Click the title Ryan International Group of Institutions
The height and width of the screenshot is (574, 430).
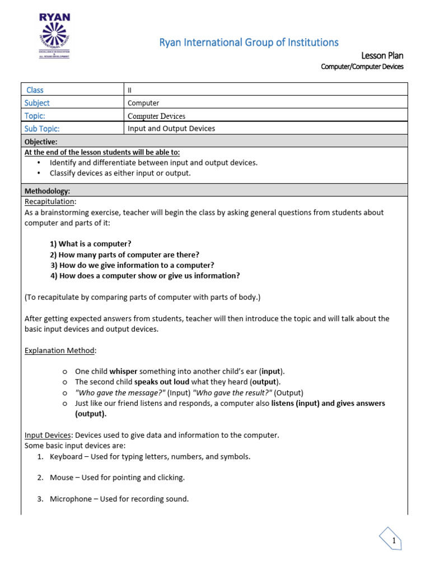249,43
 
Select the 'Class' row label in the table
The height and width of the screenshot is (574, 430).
35,90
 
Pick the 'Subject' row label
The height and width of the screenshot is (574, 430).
37,103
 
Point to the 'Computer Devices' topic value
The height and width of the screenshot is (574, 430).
156,116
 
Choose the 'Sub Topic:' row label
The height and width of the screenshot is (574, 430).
42,128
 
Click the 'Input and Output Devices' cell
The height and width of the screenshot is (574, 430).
171,128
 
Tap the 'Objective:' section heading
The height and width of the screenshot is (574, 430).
41,142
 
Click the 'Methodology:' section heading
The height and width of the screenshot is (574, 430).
47,191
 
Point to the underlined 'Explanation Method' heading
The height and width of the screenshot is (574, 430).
59,350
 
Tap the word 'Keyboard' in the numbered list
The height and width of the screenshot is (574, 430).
66,456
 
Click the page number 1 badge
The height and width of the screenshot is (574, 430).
394,541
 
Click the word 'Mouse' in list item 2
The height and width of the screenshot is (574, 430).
62,478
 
